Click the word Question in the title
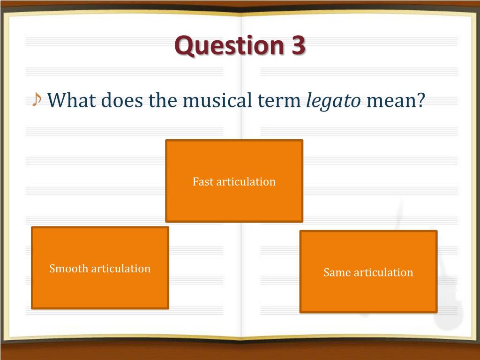[226, 46]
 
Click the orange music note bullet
[37, 99]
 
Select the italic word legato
[333, 100]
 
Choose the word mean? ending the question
[395, 100]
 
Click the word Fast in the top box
[203, 181]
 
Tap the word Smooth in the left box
[68, 269]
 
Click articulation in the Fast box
[246, 181]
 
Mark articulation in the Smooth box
[121, 269]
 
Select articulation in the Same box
[383, 272]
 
